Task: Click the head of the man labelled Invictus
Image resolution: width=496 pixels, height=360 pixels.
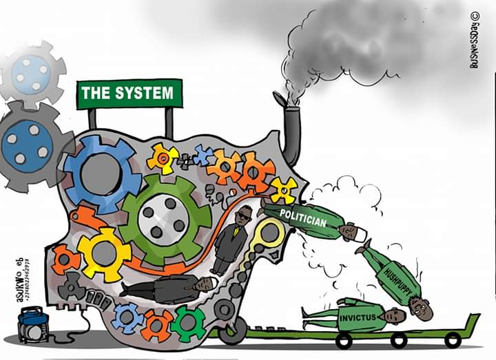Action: click(395, 316)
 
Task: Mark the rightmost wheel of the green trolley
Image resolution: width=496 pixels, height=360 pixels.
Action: click(452, 340)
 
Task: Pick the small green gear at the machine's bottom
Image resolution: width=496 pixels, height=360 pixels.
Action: click(187, 323)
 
